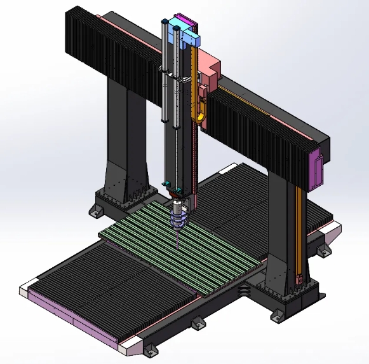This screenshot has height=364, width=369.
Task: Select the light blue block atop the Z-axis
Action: [x=191, y=40]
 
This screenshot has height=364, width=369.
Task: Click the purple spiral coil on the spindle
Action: [x=178, y=220]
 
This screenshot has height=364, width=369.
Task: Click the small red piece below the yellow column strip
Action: [x=299, y=279]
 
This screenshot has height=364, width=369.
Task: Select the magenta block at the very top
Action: [x=184, y=22]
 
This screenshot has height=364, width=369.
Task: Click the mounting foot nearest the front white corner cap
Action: [x=151, y=351]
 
